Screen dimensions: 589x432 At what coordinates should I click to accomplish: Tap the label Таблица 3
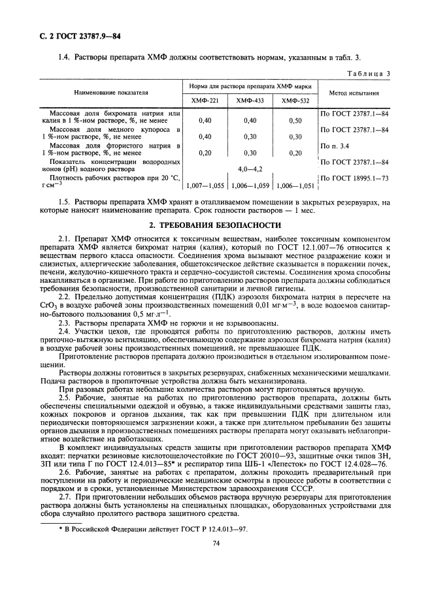[369, 74]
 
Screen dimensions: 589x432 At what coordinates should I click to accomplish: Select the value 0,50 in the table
[295, 121]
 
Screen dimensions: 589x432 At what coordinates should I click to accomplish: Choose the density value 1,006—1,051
[295, 185]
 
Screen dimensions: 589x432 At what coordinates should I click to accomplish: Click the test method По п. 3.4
[335, 146]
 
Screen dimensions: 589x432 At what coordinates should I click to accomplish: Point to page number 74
[215, 560]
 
